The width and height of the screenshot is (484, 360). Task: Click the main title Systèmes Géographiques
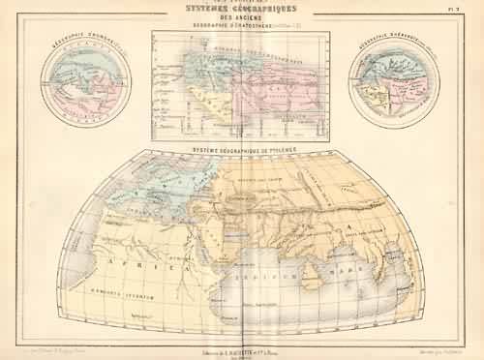pyautogui.click(x=241, y=12)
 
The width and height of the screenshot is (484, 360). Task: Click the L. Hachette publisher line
pyautogui.click(x=242, y=337)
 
